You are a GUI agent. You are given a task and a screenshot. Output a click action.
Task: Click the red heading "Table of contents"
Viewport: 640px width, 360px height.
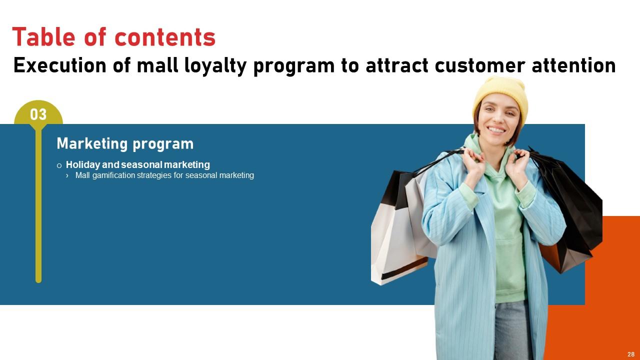click(114, 37)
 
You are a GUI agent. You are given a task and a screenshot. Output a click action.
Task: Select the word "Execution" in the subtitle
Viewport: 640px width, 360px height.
click(59, 65)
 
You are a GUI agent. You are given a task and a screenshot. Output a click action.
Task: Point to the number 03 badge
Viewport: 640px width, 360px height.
click(38, 115)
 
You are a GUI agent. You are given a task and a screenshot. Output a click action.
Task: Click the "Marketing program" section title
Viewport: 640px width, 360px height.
click(125, 144)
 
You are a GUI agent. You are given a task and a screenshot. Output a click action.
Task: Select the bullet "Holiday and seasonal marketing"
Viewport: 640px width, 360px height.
click(137, 164)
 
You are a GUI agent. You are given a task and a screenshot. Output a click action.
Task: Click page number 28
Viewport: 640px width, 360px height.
click(631, 354)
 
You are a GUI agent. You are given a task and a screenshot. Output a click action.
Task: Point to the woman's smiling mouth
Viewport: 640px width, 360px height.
click(496, 130)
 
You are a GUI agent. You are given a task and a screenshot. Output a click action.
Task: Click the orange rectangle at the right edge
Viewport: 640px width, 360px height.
click(620, 280)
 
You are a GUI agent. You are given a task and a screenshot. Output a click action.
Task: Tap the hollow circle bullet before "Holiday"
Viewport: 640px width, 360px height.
click(59, 165)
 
